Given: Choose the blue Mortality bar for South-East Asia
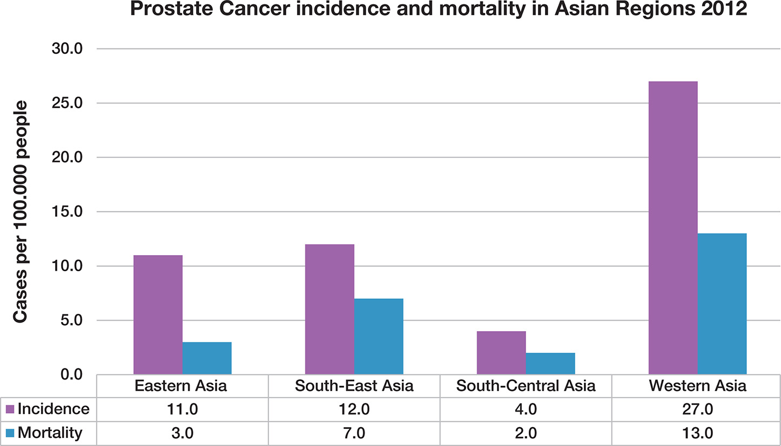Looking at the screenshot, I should pyautogui.click(x=379, y=336).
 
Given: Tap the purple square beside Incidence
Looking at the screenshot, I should pyautogui.click(x=10, y=409).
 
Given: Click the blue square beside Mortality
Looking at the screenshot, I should pyautogui.click(x=10, y=433).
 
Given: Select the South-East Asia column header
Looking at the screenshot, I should pyautogui.click(x=354, y=386).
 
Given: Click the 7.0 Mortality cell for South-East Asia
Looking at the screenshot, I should pyautogui.click(x=354, y=433).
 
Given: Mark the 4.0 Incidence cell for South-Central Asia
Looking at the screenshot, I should pyautogui.click(x=526, y=409).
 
